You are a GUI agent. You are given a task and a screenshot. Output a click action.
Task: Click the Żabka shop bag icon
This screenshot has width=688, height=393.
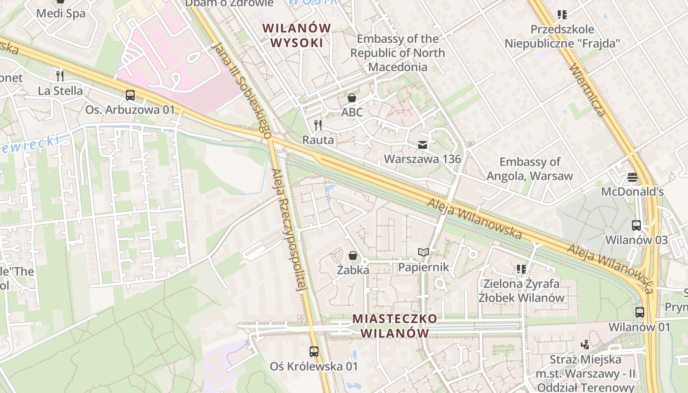click(x=352, y=255)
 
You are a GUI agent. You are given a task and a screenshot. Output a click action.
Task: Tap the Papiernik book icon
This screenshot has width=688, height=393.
click(x=423, y=253)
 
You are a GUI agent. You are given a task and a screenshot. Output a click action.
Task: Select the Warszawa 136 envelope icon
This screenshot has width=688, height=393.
click(x=422, y=145)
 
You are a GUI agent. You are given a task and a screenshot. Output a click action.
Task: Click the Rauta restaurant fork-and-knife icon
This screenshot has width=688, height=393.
click(x=318, y=125)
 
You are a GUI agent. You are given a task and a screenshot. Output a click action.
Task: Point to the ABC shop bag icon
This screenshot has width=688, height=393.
click(x=352, y=98)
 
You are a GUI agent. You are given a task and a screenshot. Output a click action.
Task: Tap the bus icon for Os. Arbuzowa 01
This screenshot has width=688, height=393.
click(x=130, y=95)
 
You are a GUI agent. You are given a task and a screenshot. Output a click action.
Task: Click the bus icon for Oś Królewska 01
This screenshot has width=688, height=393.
click(x=314, y=352)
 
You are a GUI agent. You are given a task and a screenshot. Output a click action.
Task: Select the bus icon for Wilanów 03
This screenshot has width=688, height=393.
click(x=636, y=225)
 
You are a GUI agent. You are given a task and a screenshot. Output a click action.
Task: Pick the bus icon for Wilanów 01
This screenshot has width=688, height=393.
click(x=639, y=312)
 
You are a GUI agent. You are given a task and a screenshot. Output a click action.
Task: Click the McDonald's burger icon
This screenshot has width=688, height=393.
click(x=632, y=177)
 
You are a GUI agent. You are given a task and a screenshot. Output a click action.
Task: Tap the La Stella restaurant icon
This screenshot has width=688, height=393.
click(x=60, y=76)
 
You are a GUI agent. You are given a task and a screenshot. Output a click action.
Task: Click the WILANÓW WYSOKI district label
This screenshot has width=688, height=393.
click(x=297, y=35)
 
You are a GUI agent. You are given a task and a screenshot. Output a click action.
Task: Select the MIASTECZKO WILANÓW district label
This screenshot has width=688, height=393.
click(x=395, y=326)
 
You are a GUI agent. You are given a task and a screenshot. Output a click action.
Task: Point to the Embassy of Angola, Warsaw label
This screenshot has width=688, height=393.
click(x=530, y=168)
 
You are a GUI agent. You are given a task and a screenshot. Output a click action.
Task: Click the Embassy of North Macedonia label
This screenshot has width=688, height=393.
click(x=398, y=53)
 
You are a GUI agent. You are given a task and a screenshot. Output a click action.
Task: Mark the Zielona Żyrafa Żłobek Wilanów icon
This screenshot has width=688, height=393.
click(x=521, y=269)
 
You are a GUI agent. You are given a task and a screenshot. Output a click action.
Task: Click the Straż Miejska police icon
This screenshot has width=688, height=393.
click(x=585, y=345)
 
